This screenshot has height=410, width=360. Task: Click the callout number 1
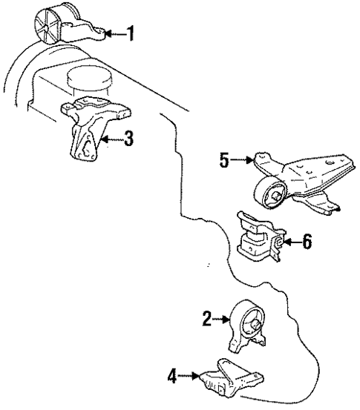pyautogui.click(x=131, y=33)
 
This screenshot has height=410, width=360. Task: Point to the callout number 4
pyautogui.click(x=172, y=377)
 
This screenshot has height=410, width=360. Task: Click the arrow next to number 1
pyautogui.click(x=114, y=33)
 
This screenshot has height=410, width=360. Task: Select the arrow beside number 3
pyautogui.click(x=111, y=138)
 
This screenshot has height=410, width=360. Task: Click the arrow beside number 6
pyautogui.click(x=290, y=241)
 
